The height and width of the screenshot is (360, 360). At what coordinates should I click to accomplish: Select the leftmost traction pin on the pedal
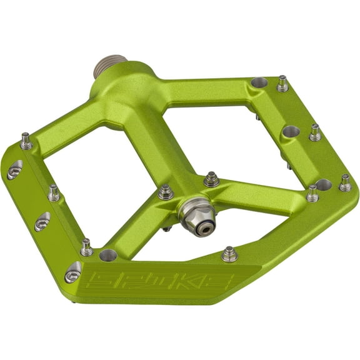click(26, 142)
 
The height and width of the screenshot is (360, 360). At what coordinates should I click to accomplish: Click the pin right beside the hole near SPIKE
click(86, 247)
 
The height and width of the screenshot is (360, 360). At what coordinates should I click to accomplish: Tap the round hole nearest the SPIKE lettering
click(108, 255)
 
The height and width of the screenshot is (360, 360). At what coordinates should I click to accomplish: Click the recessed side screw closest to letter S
click(73, 272)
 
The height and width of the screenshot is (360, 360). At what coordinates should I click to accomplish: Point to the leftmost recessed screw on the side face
click(14, 169)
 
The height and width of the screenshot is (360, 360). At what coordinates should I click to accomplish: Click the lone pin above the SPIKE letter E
click(229, 254)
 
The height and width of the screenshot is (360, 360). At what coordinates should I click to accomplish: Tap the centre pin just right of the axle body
click(211, 179)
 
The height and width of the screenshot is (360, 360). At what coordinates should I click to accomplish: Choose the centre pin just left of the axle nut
click(166, 191)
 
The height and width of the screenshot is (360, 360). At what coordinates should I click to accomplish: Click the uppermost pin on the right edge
click(282, 83)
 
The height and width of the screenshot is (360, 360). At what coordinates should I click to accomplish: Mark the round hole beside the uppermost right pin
click(259, 82)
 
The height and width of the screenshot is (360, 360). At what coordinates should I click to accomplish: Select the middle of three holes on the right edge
click(291, 132)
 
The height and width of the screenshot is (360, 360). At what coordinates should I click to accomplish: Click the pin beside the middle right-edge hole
click(314, 132)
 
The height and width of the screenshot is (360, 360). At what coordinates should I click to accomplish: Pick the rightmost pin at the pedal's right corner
click(344, 182)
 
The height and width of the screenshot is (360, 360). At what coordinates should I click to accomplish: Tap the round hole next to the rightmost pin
click(322, 185)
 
